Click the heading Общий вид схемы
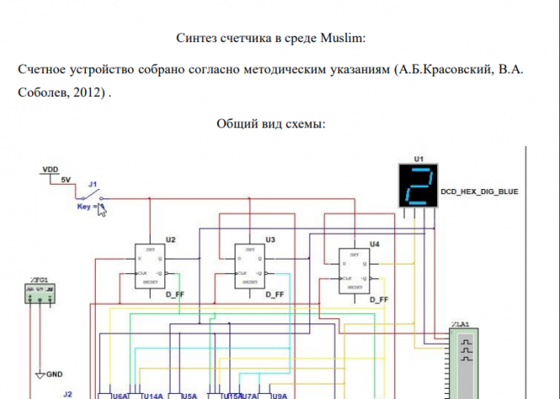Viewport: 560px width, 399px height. (x=271, y=123)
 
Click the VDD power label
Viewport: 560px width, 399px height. (x=50, y=170)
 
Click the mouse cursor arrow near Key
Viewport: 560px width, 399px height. (x=103, y=209)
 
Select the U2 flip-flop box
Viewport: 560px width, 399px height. (x=154, y=267)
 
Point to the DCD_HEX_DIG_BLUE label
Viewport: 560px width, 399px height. (x=479, y=192)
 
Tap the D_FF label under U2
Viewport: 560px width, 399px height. (x=174, y=297)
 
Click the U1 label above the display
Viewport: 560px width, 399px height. (x=419, y=158)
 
